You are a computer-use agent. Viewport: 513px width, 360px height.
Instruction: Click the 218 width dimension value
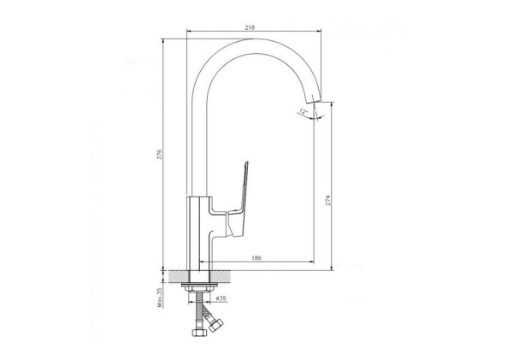point(249,28)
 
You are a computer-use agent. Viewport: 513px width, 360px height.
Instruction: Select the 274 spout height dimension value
point(327,200)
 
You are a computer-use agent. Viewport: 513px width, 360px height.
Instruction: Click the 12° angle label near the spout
point(302,112)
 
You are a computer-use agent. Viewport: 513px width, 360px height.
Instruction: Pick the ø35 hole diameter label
point(220,298)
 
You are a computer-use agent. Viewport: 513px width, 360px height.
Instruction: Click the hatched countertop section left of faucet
point(177,277)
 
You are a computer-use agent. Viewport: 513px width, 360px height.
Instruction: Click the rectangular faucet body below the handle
point(199,231)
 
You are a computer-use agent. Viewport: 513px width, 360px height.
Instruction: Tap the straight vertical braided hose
point(199,312)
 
